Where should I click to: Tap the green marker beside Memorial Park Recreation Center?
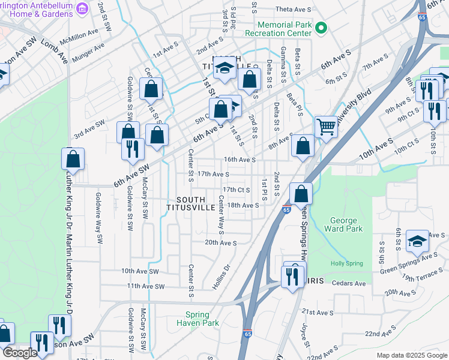321,28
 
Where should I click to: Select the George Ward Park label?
343,225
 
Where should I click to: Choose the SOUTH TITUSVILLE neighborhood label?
191,203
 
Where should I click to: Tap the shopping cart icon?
327,126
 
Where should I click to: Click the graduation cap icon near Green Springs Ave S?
418,241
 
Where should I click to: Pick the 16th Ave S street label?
240,160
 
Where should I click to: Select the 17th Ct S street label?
237,190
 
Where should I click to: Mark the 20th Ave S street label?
220,243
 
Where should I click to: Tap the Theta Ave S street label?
294,10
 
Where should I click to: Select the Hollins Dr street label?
221,277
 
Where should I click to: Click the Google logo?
20,353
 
